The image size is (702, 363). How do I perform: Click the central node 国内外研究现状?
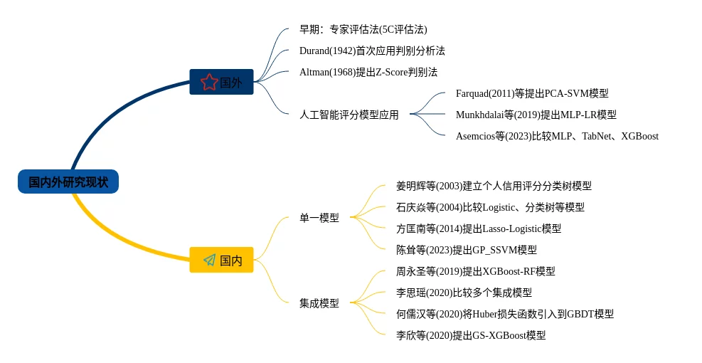(x=68, y=181)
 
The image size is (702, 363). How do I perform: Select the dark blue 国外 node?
(x=221, y=82)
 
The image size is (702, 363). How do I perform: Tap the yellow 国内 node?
(x=221, y=260)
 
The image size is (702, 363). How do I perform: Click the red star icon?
(x=208, y=82)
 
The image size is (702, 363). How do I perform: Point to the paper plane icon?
(x=209, y=260)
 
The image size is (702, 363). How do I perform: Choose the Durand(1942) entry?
(x=372, y=51)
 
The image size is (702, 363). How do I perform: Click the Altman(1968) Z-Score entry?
(x=368, y=73)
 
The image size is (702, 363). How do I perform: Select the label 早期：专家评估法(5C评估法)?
(x=363, y=30)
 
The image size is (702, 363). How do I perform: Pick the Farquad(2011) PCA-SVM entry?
(x=531, y=93)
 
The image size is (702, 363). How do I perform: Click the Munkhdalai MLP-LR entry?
(x=536, y=115)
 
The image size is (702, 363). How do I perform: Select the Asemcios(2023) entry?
(x=556, y=136)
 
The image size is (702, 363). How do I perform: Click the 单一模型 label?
(x=319, y=218)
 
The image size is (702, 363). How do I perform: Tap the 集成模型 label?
(x=319, y=303)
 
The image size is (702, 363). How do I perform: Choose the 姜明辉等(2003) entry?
(x=493, y=186)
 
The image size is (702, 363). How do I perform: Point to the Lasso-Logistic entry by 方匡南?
(x=478, y=228)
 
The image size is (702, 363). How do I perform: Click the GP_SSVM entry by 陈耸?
(x=466, y=250)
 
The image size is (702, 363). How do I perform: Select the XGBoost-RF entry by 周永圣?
(x=475, y=271)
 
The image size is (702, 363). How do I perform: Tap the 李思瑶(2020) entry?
(x=464, y=293)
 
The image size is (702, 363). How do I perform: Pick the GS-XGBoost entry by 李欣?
(x=471, y=335)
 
